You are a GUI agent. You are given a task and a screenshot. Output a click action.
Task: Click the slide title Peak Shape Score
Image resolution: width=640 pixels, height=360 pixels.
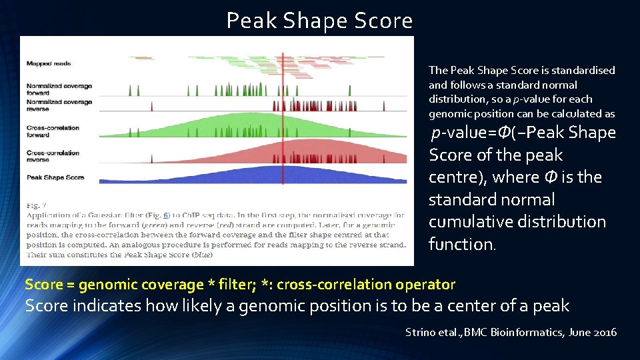click(319, 21)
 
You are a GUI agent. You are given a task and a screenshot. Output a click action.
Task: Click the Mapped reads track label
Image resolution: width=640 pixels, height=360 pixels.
click(49, 64)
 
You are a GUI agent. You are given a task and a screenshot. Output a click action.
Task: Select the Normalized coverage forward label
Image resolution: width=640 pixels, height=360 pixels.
click(59, 89)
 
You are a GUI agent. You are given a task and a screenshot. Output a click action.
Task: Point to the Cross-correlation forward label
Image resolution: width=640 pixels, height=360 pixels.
click(53, 131)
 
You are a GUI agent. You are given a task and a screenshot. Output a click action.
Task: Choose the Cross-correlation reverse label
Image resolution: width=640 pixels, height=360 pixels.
click(53, 157)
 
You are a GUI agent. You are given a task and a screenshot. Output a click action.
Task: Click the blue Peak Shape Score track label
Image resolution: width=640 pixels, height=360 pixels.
click(55, 177)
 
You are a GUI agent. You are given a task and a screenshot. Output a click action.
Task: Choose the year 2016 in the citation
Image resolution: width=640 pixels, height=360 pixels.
click(604, 332)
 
